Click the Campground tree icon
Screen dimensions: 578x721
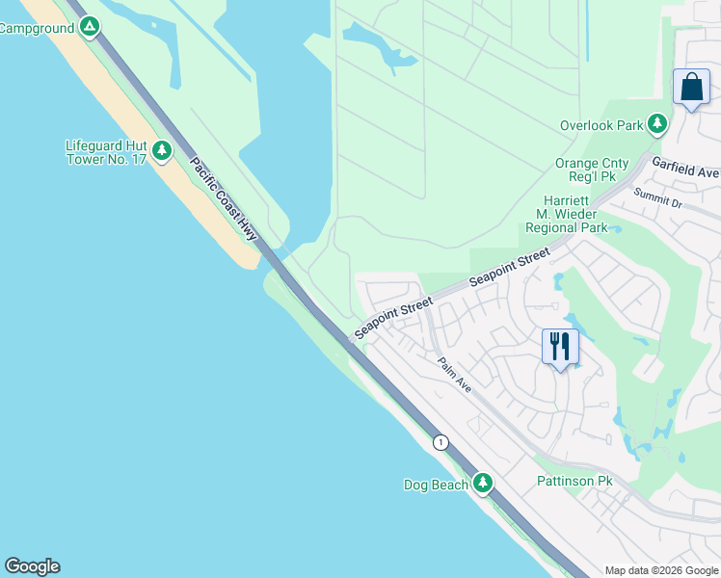pyautogui.click(x=90, y=27)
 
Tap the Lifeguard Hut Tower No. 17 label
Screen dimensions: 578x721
pyautogui.click(x=105, y=152)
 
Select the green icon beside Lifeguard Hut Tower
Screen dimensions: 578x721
pyautogui.click(x=162, y=149)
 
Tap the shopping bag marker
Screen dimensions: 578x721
pyautogui.click(x=691, y=88)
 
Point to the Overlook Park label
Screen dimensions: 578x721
pyautogui.click(x=601, y=125)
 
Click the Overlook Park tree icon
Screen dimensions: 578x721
pyautogui.click(x=657, y=123)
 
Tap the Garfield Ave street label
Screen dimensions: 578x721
pyautogui.click(x=685, y=169)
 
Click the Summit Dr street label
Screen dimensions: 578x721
pyautogui.click(x=657, y=198)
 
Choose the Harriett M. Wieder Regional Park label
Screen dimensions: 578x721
pyautogui.click(x=566, y=215)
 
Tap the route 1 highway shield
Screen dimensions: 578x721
pyautogui.click(x=441, y=442)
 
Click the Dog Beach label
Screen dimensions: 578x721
pyautogui.click(x=436, y=485)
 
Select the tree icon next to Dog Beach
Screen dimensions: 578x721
pyautogui.click(x=483, y=483)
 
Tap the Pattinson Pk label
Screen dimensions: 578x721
pyautogui.click(x=574, y=481)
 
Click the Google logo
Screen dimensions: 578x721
pyautogui.click(x=32, y=566)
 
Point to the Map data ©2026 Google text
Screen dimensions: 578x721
pyautogui.click(x=661, y=570)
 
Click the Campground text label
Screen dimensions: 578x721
pyautogui.click(x=37, y=29)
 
